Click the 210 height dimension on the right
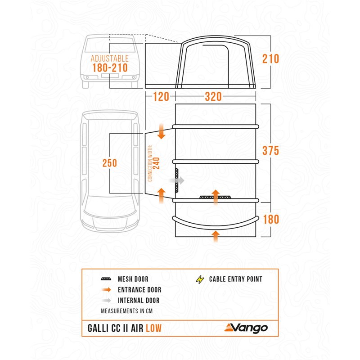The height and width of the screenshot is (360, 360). [x=271, y=59]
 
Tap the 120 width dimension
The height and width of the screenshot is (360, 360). [x=161, y=96]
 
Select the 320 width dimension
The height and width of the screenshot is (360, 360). [x=213, y=96]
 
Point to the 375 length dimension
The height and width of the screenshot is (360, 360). [x=271, y=151]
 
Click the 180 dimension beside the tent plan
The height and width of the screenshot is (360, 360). [x=271, y=219]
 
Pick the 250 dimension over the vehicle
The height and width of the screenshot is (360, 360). [x=110, y=163]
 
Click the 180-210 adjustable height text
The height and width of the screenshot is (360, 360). [x=110, y=68]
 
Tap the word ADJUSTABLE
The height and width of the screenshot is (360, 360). [x=110, y=58]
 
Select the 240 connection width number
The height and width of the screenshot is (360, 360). [x=156, y=163]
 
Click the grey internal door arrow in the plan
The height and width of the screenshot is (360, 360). [x=177, y=180]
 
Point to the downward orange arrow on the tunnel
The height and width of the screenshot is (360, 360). [x=162, y=131]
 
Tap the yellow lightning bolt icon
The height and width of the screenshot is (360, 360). [x=200, y=279]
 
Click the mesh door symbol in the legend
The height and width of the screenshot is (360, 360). [x=106, y=279]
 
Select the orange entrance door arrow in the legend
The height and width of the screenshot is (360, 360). [x=107, y=290]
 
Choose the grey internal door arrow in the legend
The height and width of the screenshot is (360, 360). [x=107, y=300]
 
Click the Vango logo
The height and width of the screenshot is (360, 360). [x=246, y=328]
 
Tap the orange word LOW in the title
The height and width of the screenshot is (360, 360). [x=153, y=328]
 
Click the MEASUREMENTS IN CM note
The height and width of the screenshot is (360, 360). [x=127, y=311]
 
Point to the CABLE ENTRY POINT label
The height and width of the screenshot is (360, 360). [x=235, y=279]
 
